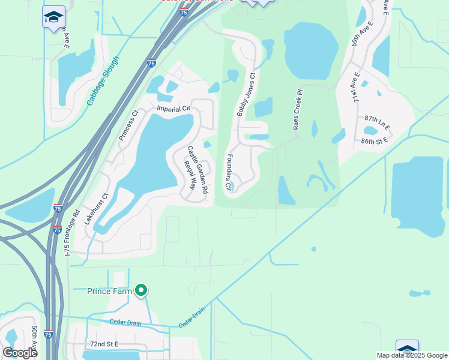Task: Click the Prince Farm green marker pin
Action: point(142,291)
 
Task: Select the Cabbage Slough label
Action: point(103,81)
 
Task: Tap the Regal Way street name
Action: point(190,176)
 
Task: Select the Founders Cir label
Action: point(229,172)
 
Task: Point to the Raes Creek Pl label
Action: point(296,110)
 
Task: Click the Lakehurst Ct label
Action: point(95,208)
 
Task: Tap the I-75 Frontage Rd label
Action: point(71,233)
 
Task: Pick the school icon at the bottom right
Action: point(407,349)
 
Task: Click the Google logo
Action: point(20,353)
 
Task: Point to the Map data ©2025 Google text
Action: point(412,355)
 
